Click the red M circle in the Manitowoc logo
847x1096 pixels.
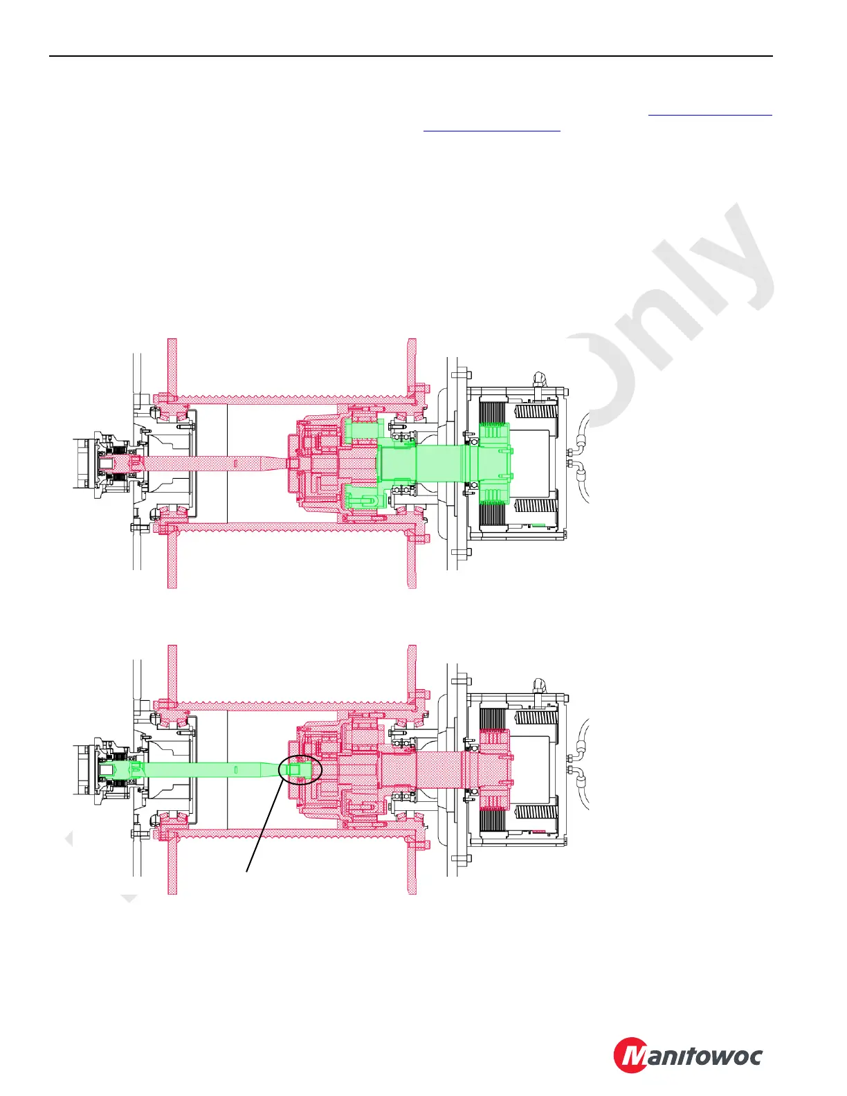tap(631, 1055)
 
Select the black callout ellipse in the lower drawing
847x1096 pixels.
tap(300, 769)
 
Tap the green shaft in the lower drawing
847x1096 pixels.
tap(201, 769)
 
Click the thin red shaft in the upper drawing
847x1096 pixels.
tap(208, 462)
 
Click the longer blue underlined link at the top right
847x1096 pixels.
tap(710, 115)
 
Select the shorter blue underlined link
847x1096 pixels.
tap(491, 129)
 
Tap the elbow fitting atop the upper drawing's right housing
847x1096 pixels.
tap(538, 380)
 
